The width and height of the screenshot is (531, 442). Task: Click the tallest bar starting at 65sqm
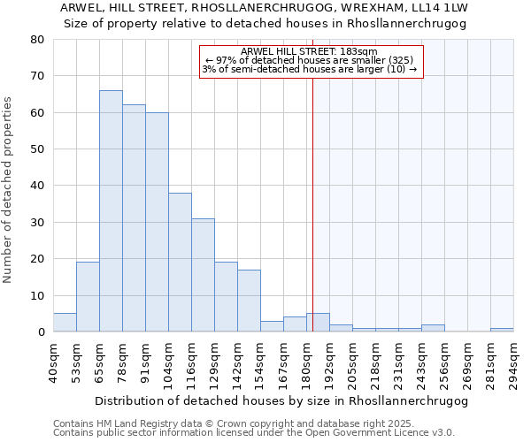111,211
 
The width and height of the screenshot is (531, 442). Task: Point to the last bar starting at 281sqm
502,330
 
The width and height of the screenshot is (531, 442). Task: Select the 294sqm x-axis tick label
513,362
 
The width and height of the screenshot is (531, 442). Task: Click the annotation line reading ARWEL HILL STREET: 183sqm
308,51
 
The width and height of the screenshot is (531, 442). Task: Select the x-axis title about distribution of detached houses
281,400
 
